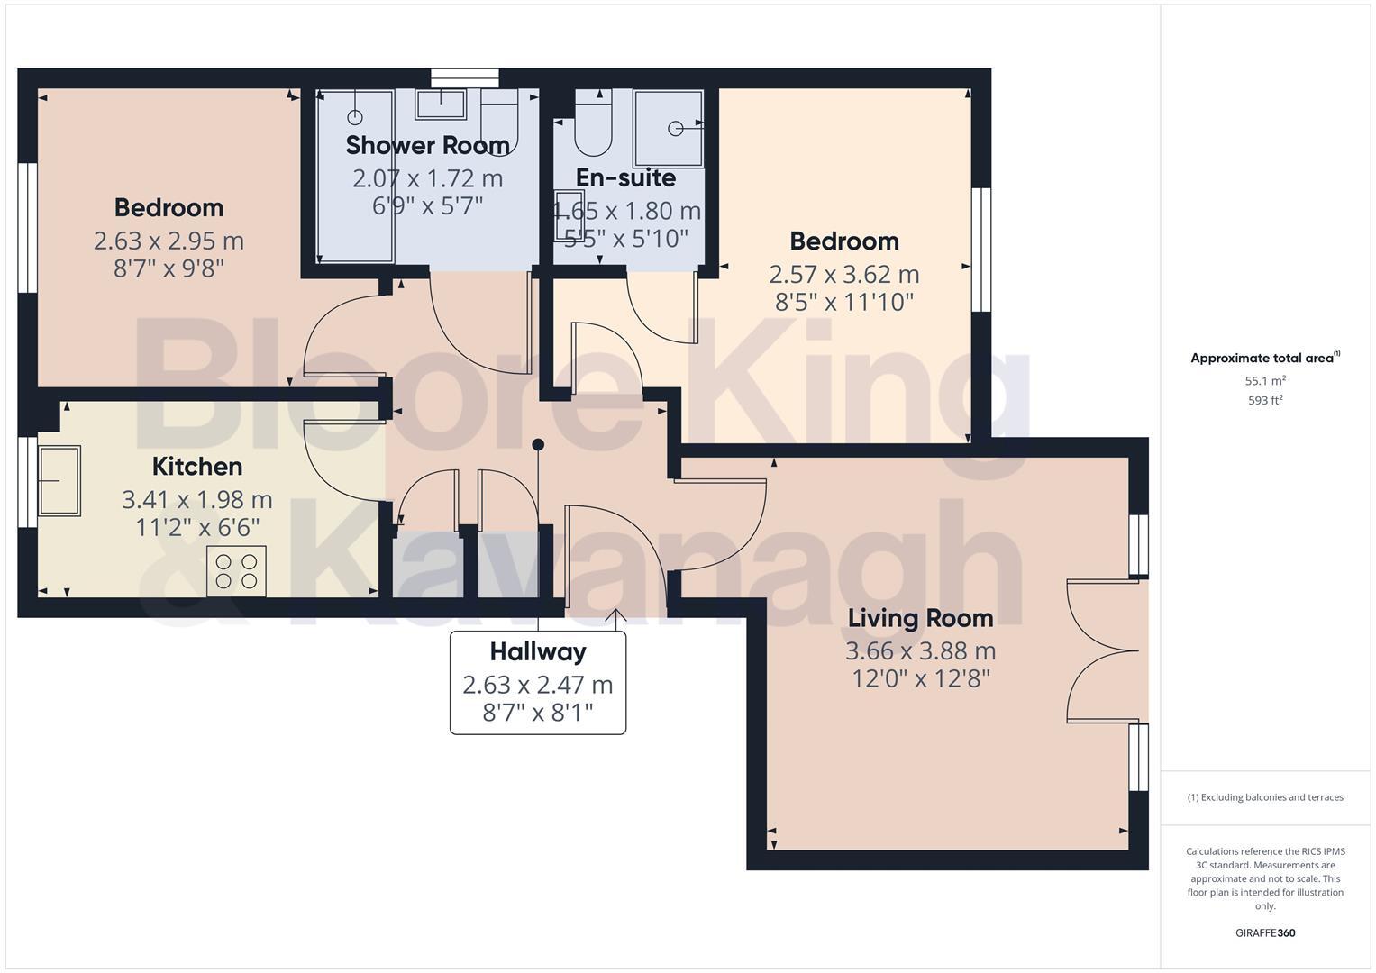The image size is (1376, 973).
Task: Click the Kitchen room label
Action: pos(197,466)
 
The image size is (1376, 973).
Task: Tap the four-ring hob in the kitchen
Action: pos(237,571)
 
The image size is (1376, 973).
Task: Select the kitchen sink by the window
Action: pos(59,481)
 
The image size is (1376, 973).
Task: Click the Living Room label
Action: pos(920,618)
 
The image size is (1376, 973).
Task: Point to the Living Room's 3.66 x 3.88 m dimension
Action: pos(920,650)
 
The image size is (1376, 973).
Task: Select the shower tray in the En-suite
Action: pos(669,128)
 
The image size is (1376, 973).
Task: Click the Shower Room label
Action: pos(427,145)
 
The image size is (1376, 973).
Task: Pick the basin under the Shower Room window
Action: pos(441,105)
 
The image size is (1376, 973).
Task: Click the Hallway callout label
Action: pos(538,651)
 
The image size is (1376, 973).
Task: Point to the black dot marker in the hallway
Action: pos(538,444)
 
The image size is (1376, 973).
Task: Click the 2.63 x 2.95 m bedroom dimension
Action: pos(169,241)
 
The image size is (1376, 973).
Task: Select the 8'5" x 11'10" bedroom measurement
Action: pos(844,302)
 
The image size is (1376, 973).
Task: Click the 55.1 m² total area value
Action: pos(1265,381)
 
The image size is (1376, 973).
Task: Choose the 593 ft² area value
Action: pos(1265,400)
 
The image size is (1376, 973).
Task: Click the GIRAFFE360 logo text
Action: pos(1265,932)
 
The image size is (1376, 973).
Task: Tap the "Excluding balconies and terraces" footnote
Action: pos(1265,797)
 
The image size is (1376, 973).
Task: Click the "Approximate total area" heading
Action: pos(1263,359)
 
